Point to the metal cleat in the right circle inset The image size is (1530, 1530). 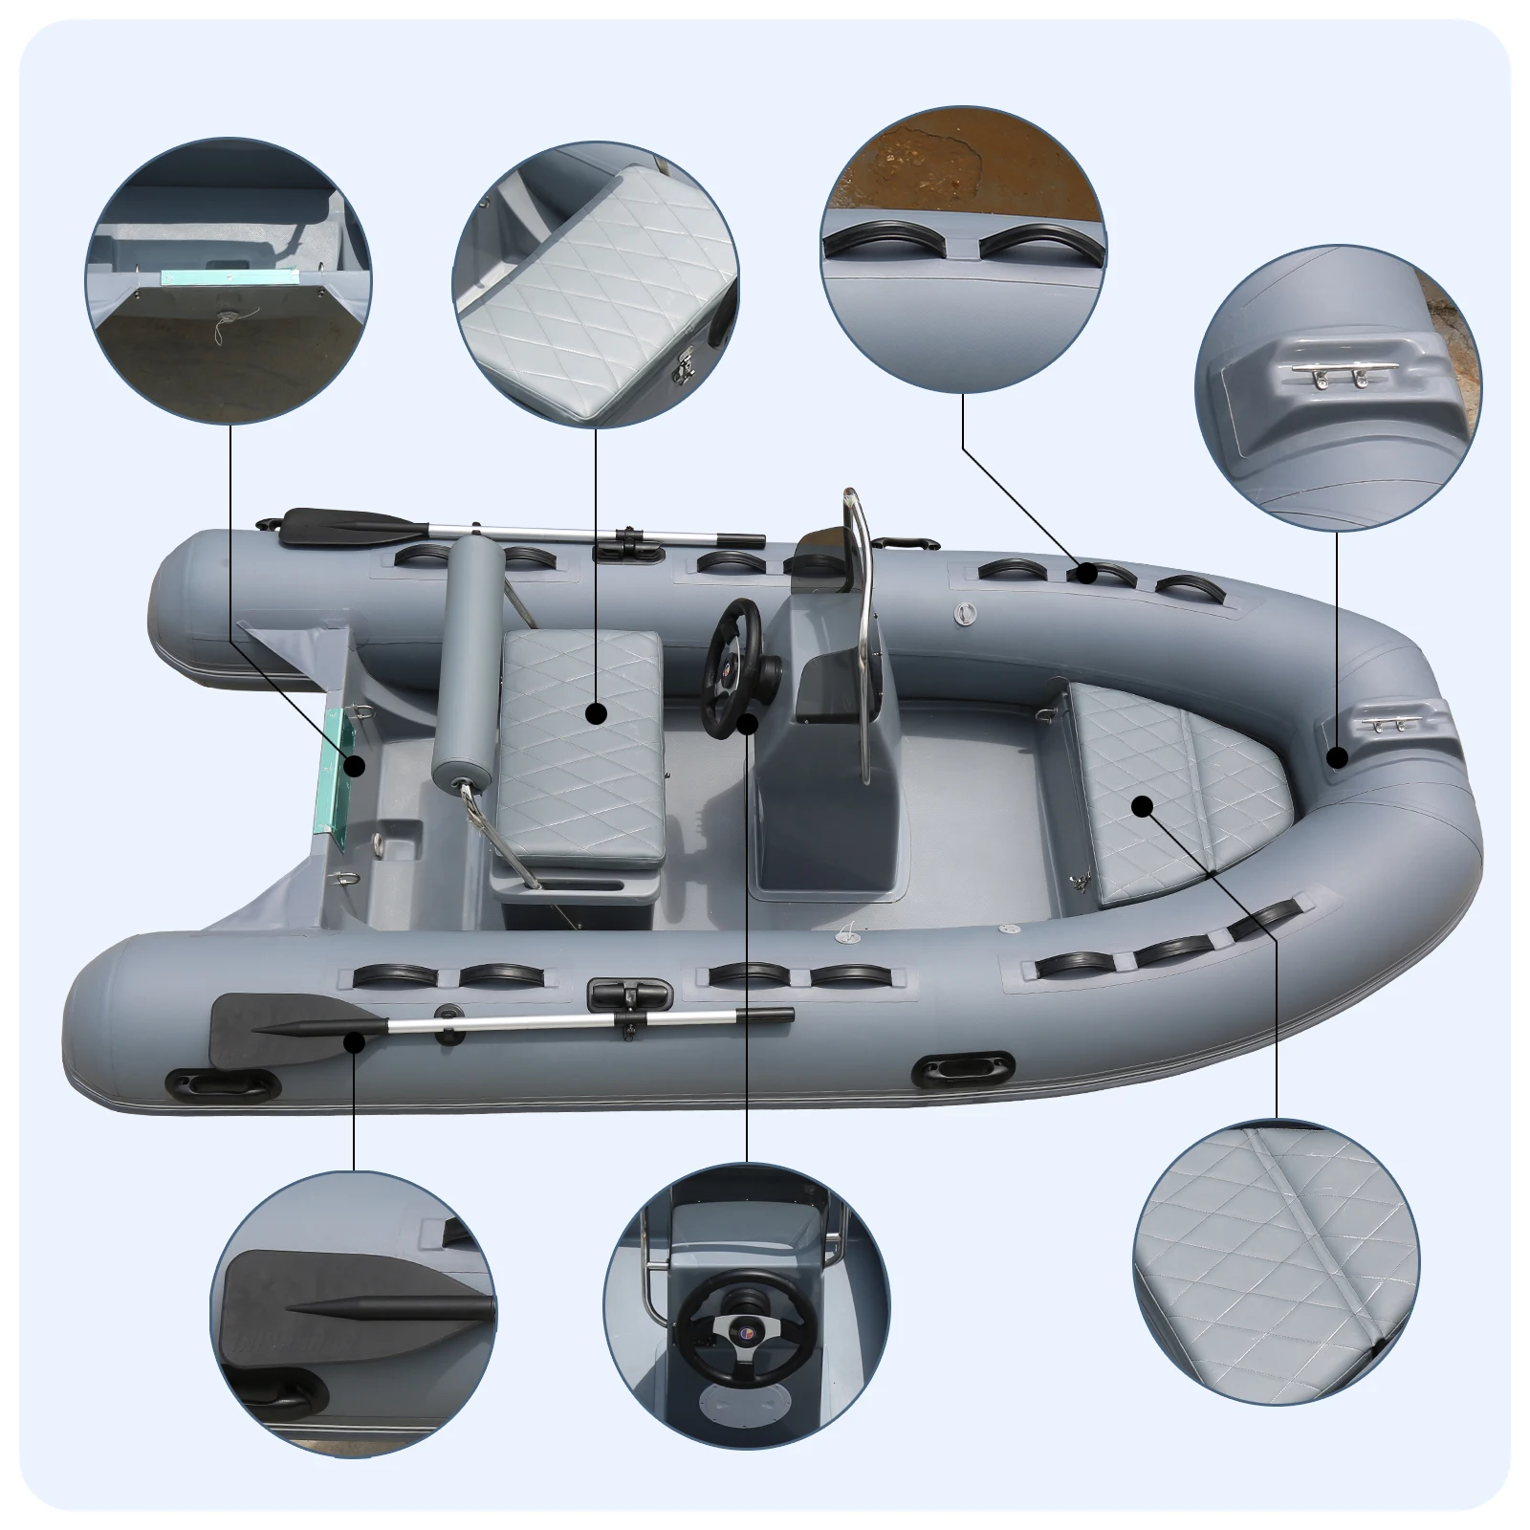[1334, 377]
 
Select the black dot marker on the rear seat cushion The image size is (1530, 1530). [596, 712]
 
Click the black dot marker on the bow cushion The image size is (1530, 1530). [1141, 806]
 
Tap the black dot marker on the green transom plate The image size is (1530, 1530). [355, 765]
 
